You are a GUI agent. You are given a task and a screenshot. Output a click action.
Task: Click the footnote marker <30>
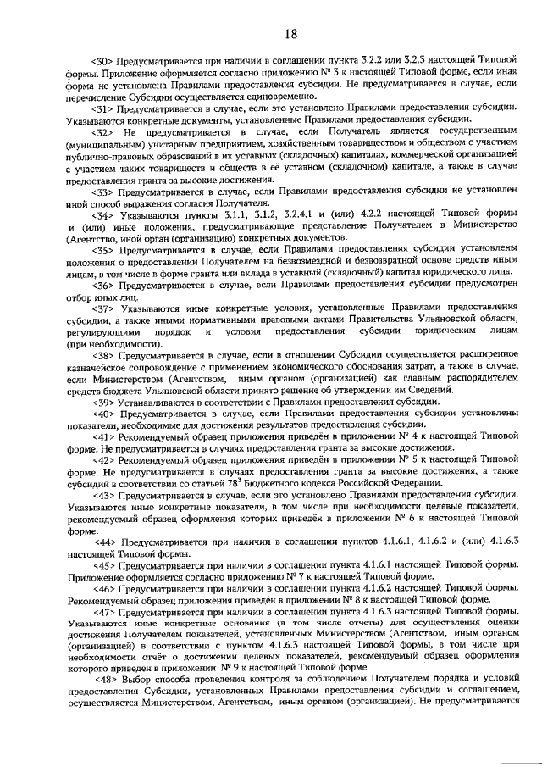pos(103,63)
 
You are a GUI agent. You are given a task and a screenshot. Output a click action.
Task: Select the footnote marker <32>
pos(104,134)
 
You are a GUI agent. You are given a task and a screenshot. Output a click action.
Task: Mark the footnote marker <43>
pos(103,494)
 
